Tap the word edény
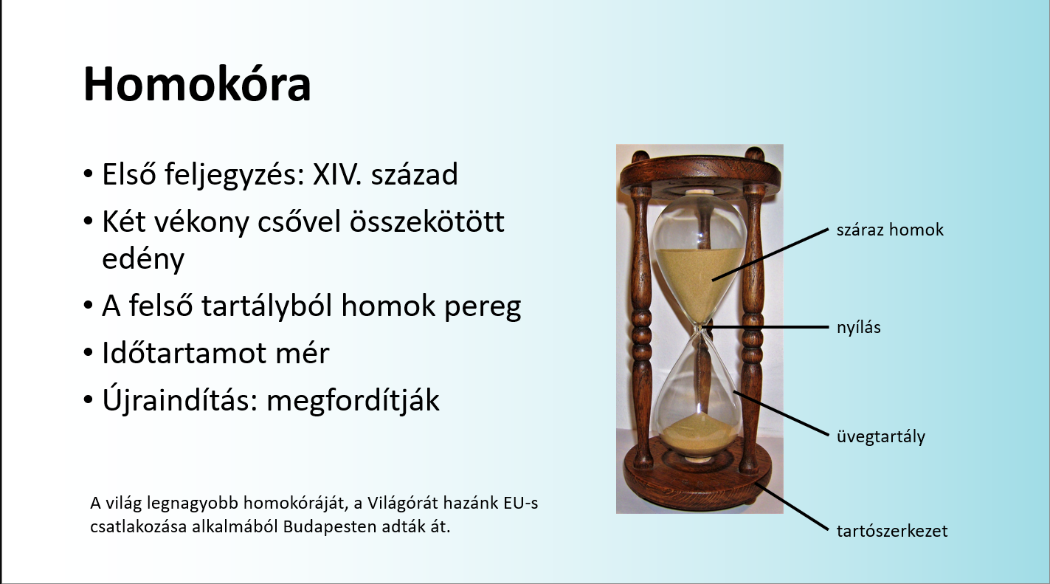tap(142, 259)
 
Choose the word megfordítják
tap(353, 400)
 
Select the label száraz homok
tap(890, 230)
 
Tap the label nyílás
tap(858, 327)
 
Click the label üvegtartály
tap(880, 436)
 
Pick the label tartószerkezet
tap(891, 531)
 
